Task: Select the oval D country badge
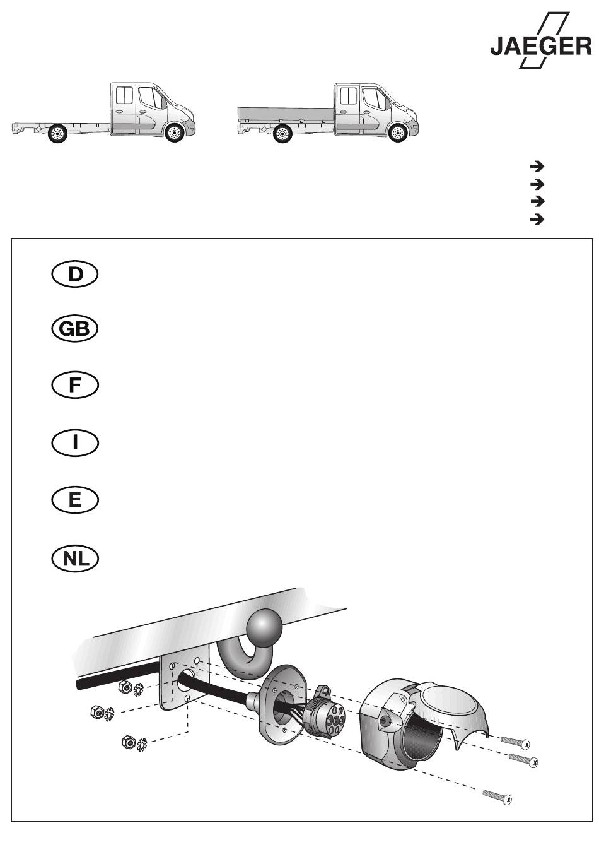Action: pos(75,275)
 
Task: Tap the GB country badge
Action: pos(75,329)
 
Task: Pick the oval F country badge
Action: pos(75,386)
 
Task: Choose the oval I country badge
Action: pos(75,442)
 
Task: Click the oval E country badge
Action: pos(75,500)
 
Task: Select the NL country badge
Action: pos(75,559)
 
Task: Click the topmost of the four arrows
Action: pos(537,167)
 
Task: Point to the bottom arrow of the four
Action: pos(537,220)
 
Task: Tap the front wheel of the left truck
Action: pos(174,133)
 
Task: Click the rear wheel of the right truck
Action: pos(282,134)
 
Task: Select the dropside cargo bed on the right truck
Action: pos(286,114)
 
